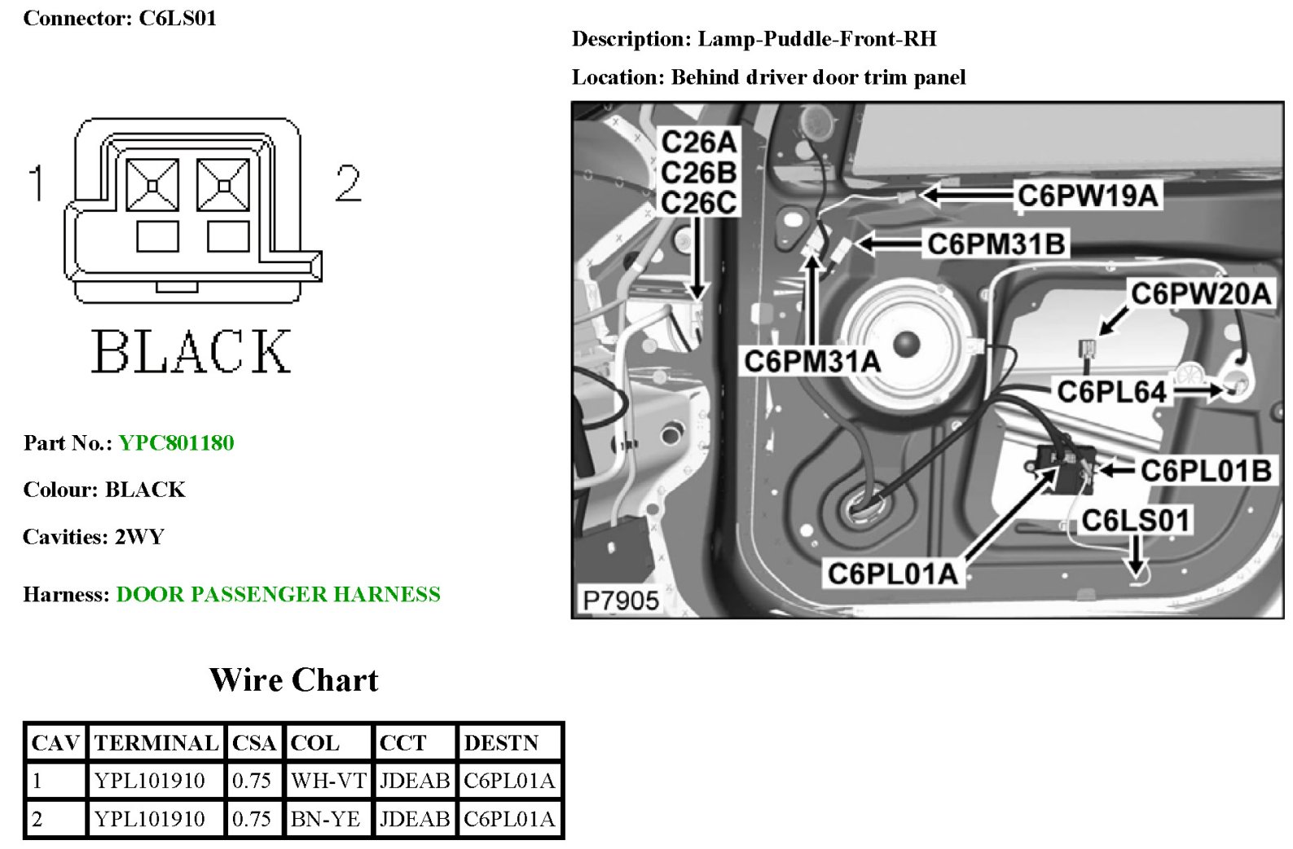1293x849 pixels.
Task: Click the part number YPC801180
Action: point(176,442)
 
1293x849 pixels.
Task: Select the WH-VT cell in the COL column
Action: point(328,781)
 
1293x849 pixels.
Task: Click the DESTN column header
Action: point(501,742)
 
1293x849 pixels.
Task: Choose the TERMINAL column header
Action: point(156,742)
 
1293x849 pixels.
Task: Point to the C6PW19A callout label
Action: point(1088,196)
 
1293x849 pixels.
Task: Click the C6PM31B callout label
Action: point(996,244)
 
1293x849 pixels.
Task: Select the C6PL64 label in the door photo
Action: point(1112,392)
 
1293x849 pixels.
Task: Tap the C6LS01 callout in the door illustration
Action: point(1136,520)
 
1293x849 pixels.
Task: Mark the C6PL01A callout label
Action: point(892,574)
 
